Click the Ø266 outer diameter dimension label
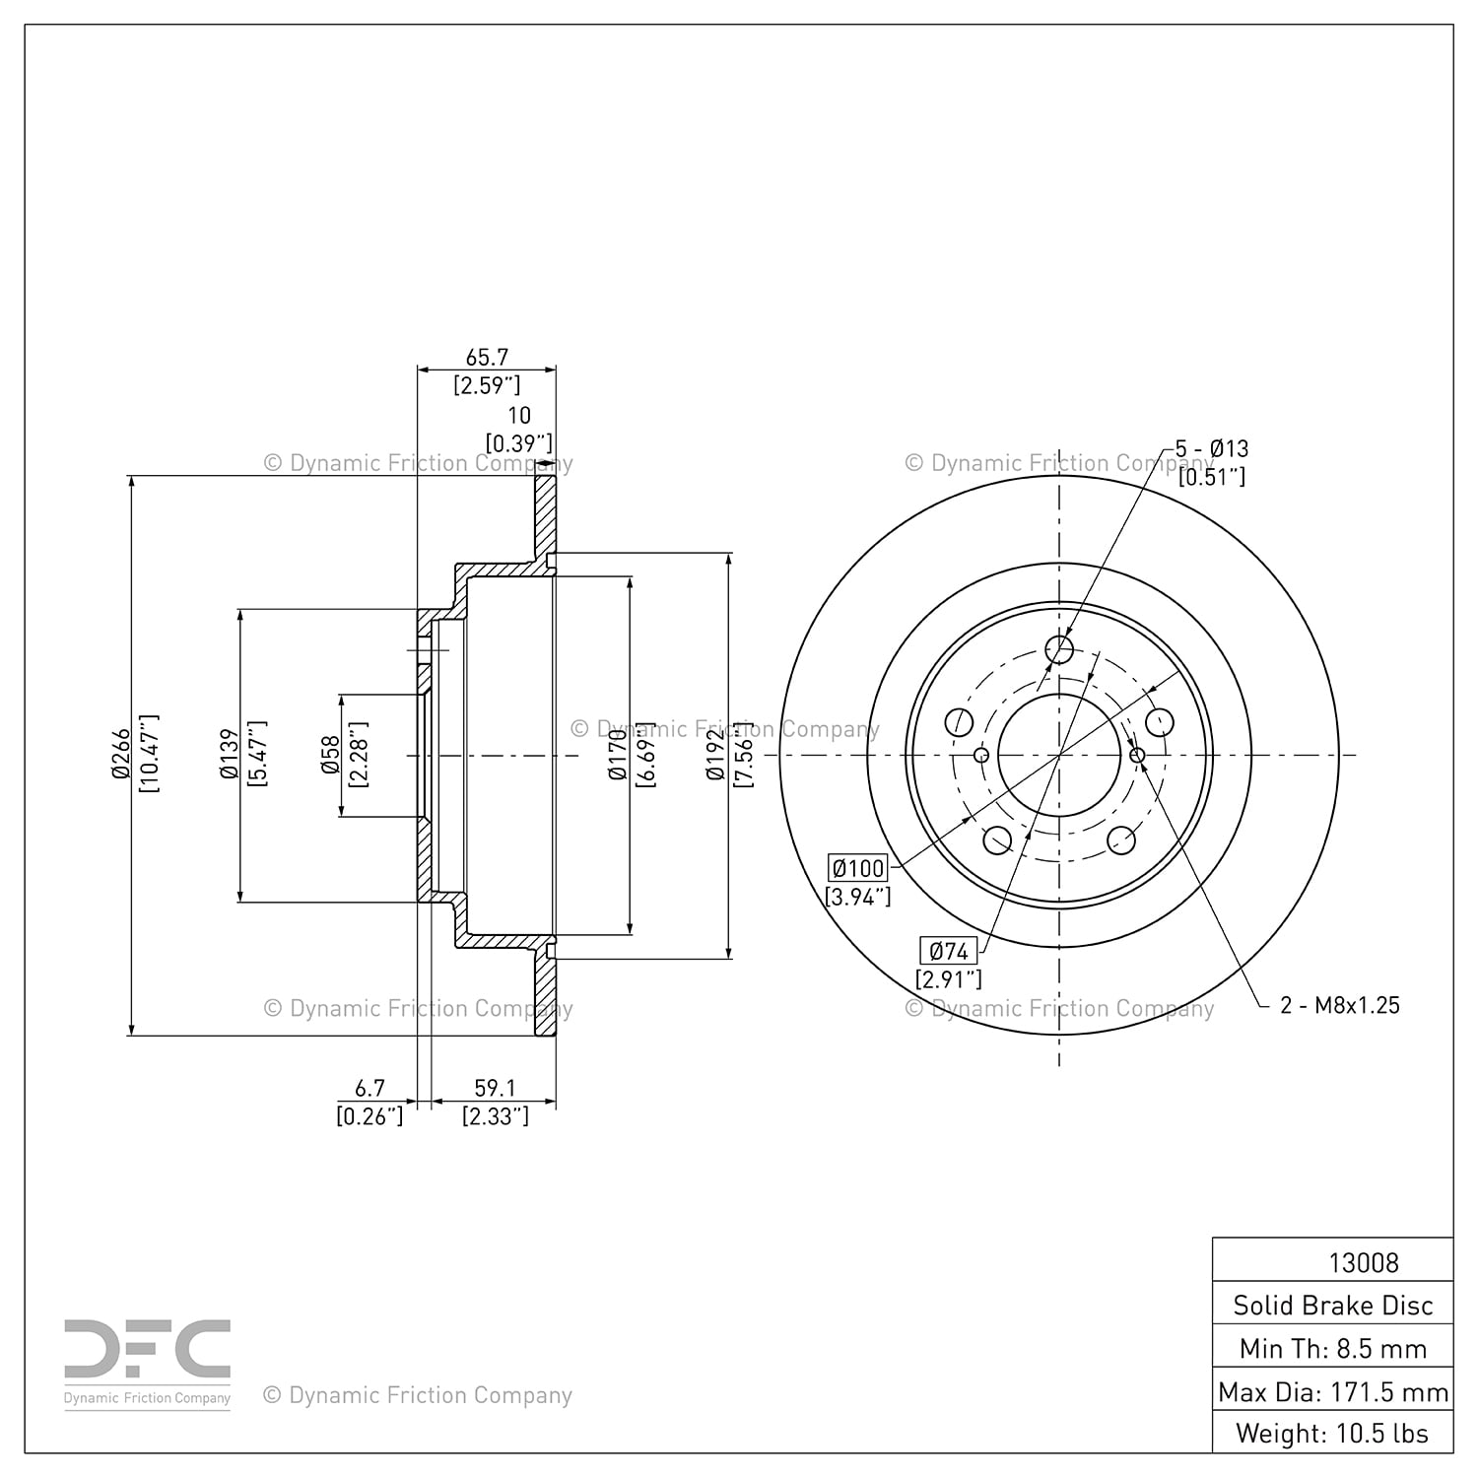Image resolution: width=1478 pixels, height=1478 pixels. point(120,755)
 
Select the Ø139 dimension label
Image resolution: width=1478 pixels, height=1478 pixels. point(229,755)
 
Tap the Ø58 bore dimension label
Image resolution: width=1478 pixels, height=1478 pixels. point(331,755)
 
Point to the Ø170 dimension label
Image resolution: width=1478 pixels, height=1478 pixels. point(619,755)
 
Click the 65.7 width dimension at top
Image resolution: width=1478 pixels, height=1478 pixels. point(487,358)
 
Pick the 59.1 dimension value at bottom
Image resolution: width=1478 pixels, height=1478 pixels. point(495,1088)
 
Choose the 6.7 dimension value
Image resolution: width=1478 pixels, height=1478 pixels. point(369,1088)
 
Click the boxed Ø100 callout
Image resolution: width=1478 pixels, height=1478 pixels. point(859,868)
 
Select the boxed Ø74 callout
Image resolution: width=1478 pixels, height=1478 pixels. point(949,951)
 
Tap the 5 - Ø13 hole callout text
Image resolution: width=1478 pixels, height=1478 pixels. point(1212,448)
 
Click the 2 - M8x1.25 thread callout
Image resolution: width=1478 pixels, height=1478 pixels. point(1340,1005)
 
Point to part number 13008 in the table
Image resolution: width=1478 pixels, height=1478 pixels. point(1364,1262)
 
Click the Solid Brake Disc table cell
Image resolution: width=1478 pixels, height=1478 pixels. point(1333,1306)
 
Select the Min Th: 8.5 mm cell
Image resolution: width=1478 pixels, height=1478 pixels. point(1333,1349)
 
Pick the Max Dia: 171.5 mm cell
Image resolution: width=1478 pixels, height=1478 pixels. point(1333,1392)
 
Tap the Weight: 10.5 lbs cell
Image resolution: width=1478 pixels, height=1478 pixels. point(1333,1434)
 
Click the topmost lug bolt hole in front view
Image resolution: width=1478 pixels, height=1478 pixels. point(1059,649)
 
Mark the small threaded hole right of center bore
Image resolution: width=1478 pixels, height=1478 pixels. point(1137,756)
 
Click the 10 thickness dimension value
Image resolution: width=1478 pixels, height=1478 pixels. point(518,416)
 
